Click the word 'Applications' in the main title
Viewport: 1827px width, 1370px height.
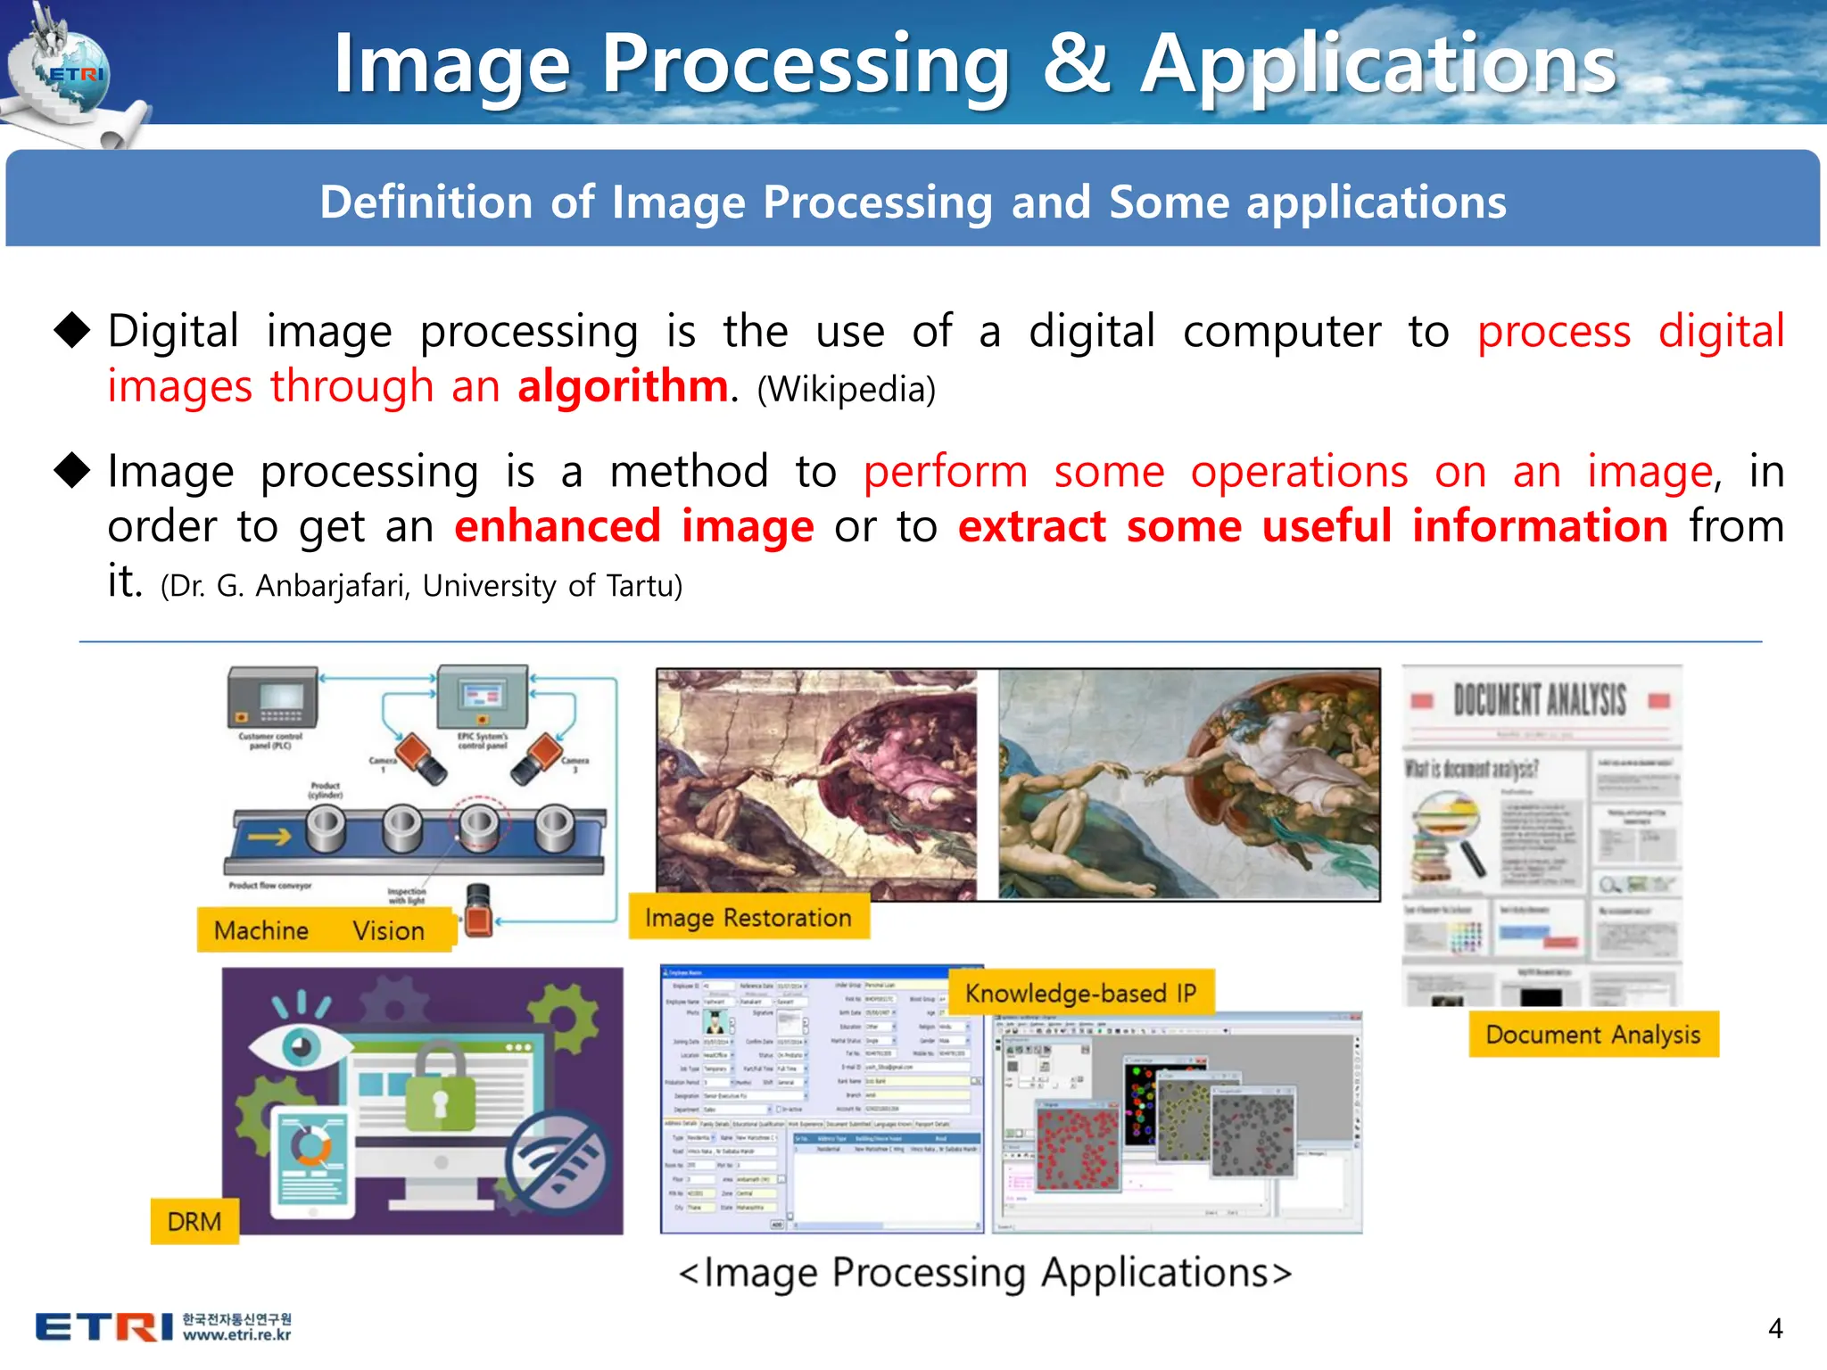(x=1378, y=64)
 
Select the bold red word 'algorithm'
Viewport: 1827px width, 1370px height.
(x=623, y=387)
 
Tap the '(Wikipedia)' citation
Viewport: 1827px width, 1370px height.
(x=846, y=390)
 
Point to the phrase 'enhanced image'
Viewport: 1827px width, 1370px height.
(x=633, y=526)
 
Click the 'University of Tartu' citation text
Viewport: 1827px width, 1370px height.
(x=551, y=586)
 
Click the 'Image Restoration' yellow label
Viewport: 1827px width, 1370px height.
(x=748, y=918)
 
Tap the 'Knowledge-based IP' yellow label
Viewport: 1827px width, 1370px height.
(x=1080, y=993)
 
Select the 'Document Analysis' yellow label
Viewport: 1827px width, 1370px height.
(x=1592, y=1035)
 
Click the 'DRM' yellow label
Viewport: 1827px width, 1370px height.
(x=194, y=1221)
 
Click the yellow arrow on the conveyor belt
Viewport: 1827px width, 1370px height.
(x=269, y=836)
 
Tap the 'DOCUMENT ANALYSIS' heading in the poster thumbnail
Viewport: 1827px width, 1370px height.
(x=1540, y=700)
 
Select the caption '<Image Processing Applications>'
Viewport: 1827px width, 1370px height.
(x=985, y=1273)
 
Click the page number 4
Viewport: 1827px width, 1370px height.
(x=1774, y=1329)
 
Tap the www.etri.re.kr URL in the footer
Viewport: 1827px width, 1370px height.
(x=236, y=1335)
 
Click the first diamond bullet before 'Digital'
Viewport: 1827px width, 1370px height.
(x=72, y=330)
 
